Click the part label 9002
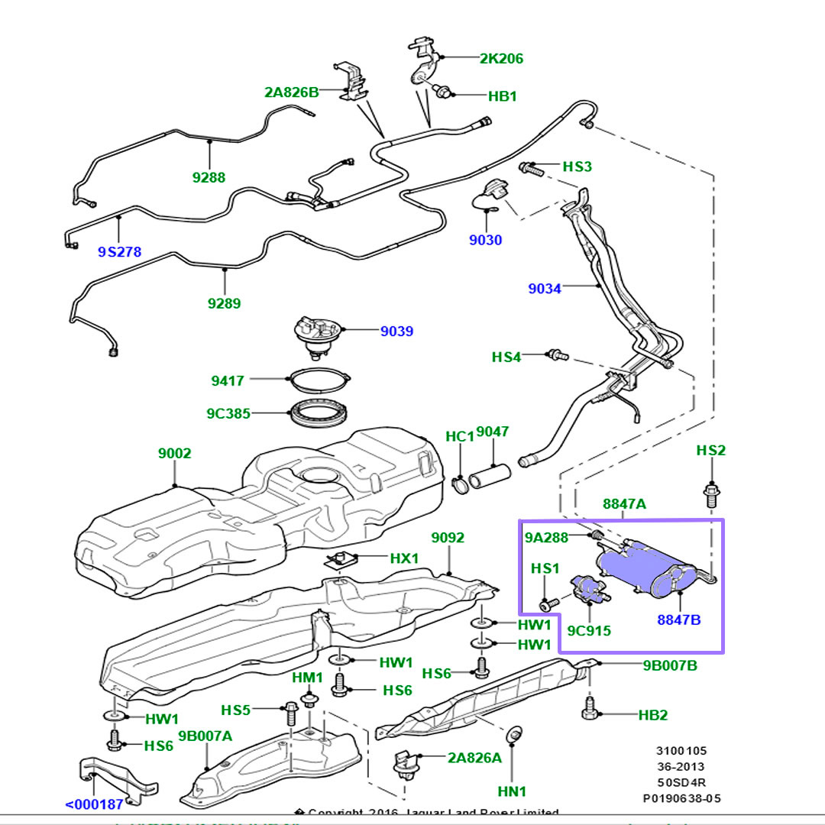click(175, 453)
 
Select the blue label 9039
click(397, 331)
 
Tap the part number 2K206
click(501, 58)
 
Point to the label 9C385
click(228, 413)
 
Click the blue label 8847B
click(679, 620)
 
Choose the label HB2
click(653, 716)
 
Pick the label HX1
click(404, 558)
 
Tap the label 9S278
click(119, 251)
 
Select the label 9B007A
click(205, 736)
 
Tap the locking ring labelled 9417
click(319, 379)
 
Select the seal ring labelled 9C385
click(319, 415)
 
